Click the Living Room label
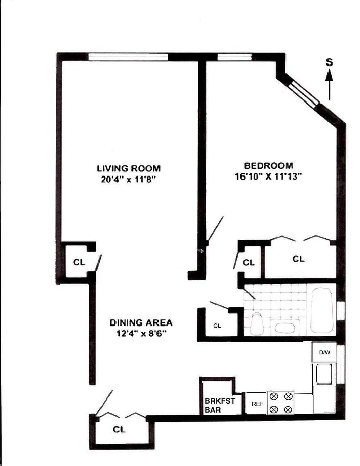point(129,168)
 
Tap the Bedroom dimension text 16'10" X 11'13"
point(268,176)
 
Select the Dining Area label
point(141,322)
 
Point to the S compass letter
point(329,62)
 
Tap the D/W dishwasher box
point(324,352)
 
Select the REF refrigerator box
point(257,404)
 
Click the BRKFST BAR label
point(220,405)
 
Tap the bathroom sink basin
point(285,328)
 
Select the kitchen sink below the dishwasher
point(324,374)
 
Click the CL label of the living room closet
point(79,262)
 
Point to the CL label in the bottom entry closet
point(119,429)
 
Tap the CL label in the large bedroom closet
point(299,259)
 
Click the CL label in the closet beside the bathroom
point(217,326)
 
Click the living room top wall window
point(128,57)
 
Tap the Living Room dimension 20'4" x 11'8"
point(128,180)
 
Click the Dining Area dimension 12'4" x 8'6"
point(141,333)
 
